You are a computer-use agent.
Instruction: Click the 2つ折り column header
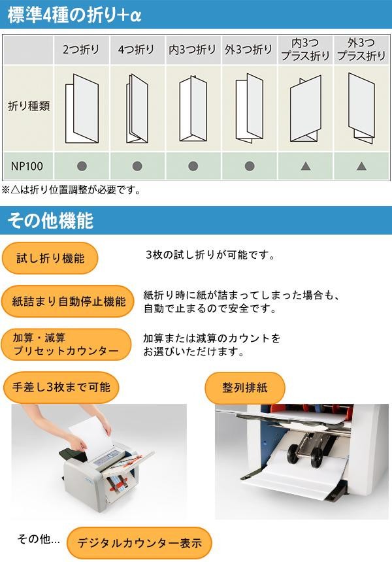(81, 49)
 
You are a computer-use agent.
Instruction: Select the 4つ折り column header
(137, 49)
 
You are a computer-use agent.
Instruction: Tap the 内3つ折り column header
(193, 49)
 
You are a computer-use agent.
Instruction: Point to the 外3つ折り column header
(248, 49)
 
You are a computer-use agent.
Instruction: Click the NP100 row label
(27, 166)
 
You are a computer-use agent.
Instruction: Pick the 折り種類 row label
(29, 106)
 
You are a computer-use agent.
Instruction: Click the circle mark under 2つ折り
(82, 166)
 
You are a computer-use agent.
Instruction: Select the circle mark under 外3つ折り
(250, 166)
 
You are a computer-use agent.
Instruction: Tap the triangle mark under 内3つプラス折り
(306, 166)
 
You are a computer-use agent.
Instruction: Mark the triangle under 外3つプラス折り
(361, 166)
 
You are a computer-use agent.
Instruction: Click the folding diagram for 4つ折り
(137, 108)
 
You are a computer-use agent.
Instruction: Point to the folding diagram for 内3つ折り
(193, 108)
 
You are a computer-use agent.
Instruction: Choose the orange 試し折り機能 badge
(50, 258)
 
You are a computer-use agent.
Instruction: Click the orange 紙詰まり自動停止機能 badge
(68, 301)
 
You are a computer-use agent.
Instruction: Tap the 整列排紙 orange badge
(245, 388)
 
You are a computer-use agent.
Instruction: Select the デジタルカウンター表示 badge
(139, 542)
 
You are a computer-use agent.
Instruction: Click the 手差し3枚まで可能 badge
(61, 387)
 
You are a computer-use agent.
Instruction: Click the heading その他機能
(50, 220)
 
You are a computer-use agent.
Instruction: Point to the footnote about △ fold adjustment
(71, 190)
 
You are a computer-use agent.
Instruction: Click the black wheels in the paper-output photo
(304, 455)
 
